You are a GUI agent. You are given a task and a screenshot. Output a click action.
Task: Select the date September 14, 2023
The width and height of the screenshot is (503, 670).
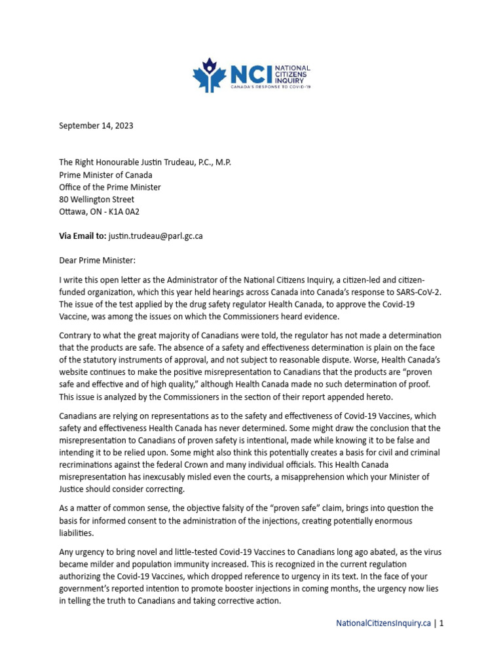click(x=96, y=126)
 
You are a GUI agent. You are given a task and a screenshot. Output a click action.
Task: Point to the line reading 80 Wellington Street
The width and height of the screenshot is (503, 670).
click(x=96, y=200)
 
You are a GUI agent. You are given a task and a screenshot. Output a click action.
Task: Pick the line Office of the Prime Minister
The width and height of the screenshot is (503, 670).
click(x=110, y=187)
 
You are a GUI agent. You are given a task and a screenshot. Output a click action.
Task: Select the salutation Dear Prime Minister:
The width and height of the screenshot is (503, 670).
click(x=97, y=260)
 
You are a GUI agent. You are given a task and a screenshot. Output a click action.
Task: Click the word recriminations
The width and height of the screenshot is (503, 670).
click(x=91, y=465)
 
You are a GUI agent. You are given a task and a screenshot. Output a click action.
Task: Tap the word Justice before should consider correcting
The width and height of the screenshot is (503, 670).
click(x=73, y=489)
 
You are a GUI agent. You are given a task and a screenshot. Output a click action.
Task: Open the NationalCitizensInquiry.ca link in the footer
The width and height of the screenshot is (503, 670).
click(x=383, y=624)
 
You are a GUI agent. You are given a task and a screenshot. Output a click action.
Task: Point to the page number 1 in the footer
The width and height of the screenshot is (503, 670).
click(x=442, y=624)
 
